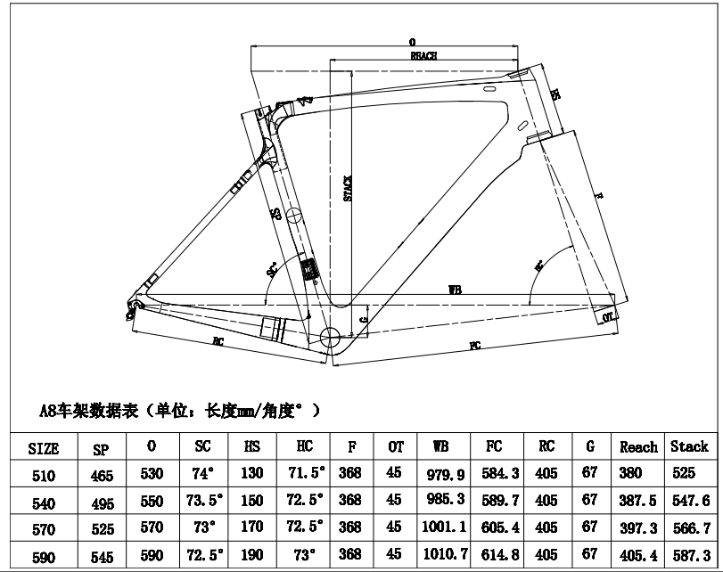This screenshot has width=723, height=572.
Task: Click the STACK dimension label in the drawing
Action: click(349, 188)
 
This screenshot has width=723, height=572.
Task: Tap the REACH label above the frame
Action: click(423, 55)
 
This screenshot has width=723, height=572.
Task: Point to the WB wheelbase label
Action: click(455, 290)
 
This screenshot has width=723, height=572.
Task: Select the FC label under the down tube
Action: click(474, 345)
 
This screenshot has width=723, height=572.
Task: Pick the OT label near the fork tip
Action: click(608, 316)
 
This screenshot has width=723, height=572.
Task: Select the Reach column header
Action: click(638, 447)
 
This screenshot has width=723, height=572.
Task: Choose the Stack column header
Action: click(689, 447)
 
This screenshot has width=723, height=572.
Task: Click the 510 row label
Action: click(44, 477)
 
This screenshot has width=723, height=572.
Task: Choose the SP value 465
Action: click(103, 477)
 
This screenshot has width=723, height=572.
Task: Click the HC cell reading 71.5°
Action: click(300, 474)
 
